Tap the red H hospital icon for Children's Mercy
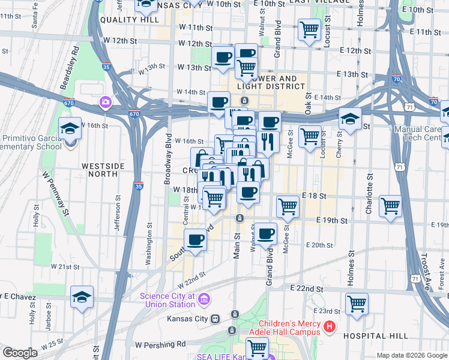[329, 327]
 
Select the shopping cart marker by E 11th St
[309, 28]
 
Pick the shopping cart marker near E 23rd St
[357, 302]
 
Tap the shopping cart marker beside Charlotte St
[390, 206]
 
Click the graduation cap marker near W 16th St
[70, 128]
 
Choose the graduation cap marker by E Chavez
[82, 296]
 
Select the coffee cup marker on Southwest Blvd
[195, 240]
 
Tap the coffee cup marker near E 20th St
[266, 233]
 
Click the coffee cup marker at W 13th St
[223, 57]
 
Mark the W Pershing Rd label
[160, 345]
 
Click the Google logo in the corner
[20, 353]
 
